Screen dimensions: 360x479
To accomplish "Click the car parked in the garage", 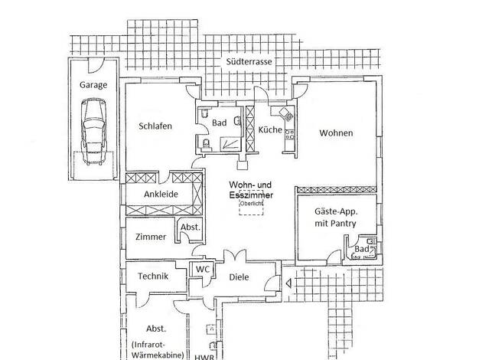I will coord(93,133).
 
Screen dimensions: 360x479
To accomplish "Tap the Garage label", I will coord(93,85).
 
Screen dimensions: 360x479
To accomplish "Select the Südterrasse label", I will coord(249,62).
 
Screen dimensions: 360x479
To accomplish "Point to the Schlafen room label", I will coord(155,126).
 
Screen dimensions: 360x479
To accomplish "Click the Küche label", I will coord(269,129).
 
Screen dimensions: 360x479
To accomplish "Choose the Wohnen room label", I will coord(336,133).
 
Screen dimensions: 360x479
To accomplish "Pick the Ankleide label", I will coord(161,195).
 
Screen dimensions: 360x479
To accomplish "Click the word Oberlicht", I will coord(251,205).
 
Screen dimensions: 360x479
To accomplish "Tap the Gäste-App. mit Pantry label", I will coord(336,217).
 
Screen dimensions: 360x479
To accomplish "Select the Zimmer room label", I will coord(150,237).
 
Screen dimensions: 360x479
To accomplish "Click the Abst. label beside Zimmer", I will coord(188,228).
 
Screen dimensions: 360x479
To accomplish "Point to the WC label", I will coord(202,269).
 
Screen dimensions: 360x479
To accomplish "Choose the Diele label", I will coord(239,277).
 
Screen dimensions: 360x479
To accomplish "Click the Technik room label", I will coord(153,277).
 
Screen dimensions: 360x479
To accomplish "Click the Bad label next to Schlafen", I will coord(218,123).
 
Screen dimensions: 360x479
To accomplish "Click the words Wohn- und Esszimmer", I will coord(251,190).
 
